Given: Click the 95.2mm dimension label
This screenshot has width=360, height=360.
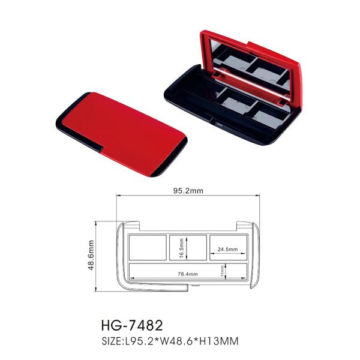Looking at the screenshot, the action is pyautogui.click(x=188, y=191).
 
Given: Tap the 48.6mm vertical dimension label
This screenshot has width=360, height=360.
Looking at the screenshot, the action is pyautogui.click(x=91, y=255).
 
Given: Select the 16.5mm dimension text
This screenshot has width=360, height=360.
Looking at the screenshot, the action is pyautogui.click(x=181, y=248).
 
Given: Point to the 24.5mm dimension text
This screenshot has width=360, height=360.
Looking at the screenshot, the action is pyautogui.click(x=227, y=249).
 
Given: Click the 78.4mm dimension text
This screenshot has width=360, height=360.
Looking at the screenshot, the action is pyautogui.click(x=188, y=274).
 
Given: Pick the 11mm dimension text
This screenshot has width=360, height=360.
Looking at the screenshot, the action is pyautogui.click(x=222, y=271).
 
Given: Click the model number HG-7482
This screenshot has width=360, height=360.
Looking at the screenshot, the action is pyautogui.click(x=132, y=325).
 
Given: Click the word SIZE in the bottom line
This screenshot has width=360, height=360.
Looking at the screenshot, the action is pyautogui.click(x=111, y=341).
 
